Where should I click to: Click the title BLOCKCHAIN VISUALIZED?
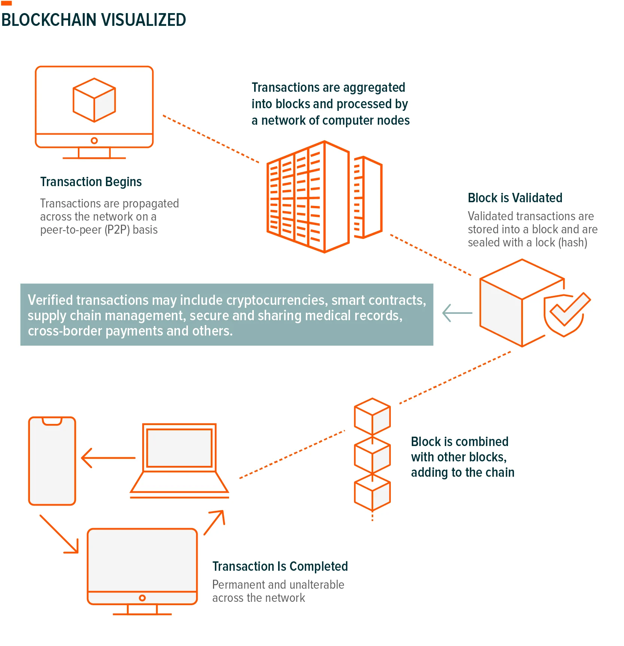coord(94,20)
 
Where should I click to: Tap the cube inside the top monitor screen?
coord(94,100)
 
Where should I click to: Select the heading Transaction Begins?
coord(91,182)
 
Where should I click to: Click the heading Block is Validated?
coord(515,198)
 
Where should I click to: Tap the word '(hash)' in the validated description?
coord(573,243)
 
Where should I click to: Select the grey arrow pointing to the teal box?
coord(457,313)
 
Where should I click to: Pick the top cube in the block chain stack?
coord(372,416)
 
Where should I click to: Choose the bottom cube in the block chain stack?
coord(372,492)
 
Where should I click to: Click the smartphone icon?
coord(52,461)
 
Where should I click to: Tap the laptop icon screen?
coord(179,448)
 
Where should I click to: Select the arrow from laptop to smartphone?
coord(108,458)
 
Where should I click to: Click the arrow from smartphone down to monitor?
coord(59,534)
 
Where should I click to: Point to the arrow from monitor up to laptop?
coord(214,522)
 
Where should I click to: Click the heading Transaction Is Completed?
coord(280,566)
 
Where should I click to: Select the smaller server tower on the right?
coord(368,197)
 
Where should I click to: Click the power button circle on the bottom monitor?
coord(142,598)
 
